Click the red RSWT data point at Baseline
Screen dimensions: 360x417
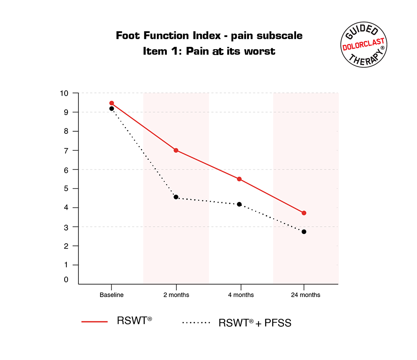[x=111, y=103]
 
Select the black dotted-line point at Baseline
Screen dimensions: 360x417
[x=111, y=108]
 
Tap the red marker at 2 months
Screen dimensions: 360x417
[x=176, y=150]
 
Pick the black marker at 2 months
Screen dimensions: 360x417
[x=176, y=197]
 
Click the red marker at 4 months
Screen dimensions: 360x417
[x=239, y=179]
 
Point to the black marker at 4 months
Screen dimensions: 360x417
[x=239, y=204]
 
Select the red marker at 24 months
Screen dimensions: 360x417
[x=304, y=213]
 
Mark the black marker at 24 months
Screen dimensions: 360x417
[x=304, y=232]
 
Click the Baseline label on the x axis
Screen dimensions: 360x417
[x=111, y=295]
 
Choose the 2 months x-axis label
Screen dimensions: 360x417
[x=176, y=295]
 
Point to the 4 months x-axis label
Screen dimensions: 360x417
[x=240, y=295]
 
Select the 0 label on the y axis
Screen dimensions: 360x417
[x=66, y=280]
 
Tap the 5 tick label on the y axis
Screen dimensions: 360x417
[x=66, y=188]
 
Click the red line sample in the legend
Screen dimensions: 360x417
[x=95, y=321]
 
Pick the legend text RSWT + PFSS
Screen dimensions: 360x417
[x=255, y=322]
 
